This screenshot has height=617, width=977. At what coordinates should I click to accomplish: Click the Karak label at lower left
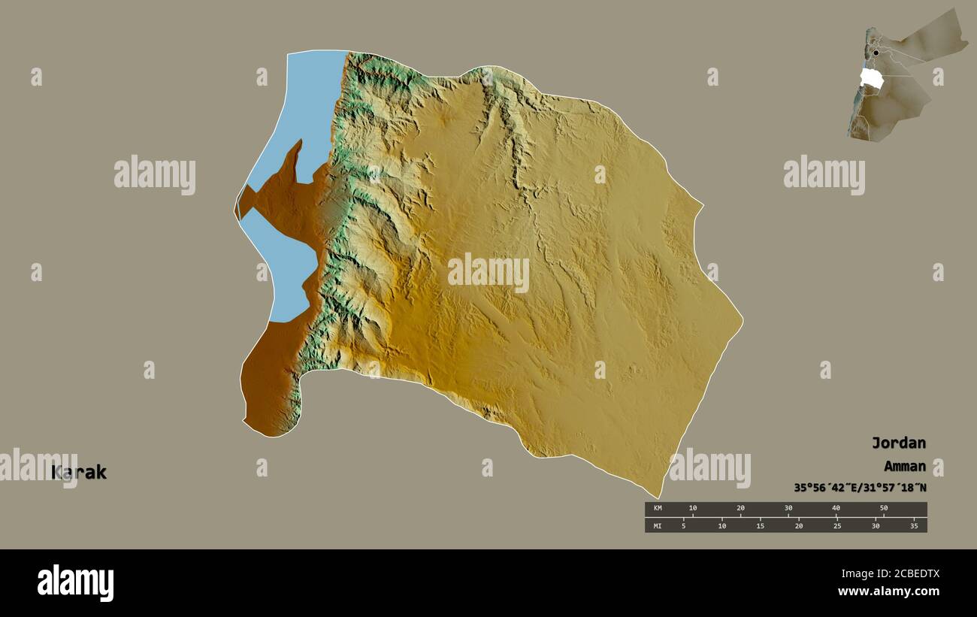pyautogui.click(x=79, y=473)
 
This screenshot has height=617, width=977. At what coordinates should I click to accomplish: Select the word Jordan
pyautogui.click(x=898, y=443)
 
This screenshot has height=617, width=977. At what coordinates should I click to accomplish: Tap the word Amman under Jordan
pyautogui.click(x=899, y=466)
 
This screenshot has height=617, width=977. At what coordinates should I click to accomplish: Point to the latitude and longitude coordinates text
pyautogui.click(x=860, y=488)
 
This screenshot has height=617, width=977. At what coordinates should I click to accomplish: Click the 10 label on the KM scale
pyautogui.click(x=693, y=509)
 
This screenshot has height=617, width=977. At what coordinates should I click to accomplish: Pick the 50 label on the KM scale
pyautogui.click(x=884, y=509)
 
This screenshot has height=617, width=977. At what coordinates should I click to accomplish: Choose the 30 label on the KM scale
pyautogui.click(x=788, y=509)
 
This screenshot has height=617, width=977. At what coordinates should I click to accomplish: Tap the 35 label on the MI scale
pyautogui.click(x=915, y=525)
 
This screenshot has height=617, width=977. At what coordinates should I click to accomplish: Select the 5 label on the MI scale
pyautogui.click(x=683, y=525)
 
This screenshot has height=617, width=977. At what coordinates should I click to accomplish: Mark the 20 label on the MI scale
pyautogui.click(x=799, y=525)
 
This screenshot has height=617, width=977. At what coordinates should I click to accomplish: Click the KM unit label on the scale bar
pyautogui.click(x=657, y=509)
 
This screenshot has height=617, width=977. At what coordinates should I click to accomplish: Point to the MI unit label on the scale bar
pyautogui.click(x=657, y=525)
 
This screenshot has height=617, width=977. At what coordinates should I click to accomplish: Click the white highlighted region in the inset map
pyautogui.click(x=871, y=78)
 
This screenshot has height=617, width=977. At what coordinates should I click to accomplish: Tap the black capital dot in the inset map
pyautogui.click(x=876, y=53)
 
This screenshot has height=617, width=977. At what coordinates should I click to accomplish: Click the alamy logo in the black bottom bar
pyautogui.click(x=75, y=583)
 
